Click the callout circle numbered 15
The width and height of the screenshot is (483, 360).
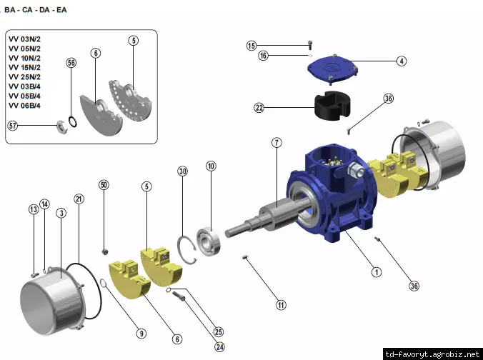(252, 46)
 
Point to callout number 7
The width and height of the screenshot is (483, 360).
(276, 143)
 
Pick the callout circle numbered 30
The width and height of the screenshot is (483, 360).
(182, 172)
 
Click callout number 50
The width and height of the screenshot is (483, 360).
(104, 185)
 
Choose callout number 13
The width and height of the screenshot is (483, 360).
(33, 209)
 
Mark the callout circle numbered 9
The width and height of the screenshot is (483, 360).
(141, 332)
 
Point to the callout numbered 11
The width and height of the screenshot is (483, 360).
(281, 305)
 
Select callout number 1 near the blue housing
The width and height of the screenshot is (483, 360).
(376, 271)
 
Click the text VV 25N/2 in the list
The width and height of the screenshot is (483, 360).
(24, 76)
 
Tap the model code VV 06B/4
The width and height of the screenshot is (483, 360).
(24, 105)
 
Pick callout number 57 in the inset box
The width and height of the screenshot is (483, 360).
(13, 125)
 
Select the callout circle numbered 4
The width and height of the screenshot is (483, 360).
(402, 61)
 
